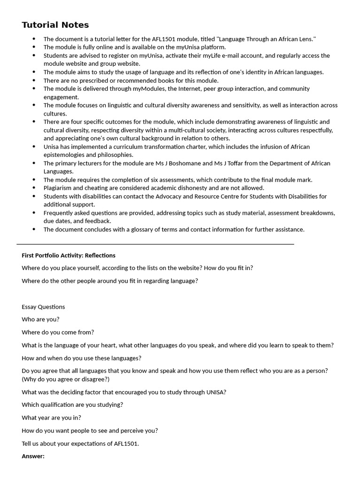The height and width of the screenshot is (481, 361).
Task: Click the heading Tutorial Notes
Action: pos(55,25)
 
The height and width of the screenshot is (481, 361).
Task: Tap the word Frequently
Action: pos(60,213)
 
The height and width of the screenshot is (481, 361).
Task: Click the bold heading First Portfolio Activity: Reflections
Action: pos(68,256)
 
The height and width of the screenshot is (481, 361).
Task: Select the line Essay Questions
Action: pos(43,307)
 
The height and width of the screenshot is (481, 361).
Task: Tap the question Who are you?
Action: pos(40,319)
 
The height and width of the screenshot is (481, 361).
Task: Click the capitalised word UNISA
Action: pos(215,392)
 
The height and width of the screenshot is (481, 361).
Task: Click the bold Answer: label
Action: pos(33,456)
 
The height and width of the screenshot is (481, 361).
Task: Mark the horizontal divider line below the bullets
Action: pos(155,244)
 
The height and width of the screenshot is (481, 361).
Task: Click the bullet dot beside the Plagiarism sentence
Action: pos(34,188)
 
